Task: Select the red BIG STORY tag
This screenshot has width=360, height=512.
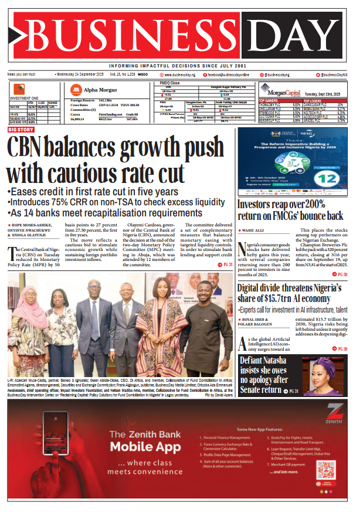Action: pyautogui.click(x=21, y=128)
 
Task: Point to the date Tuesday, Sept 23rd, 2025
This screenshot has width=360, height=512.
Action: pyautogui.click(x=325, y=93)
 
